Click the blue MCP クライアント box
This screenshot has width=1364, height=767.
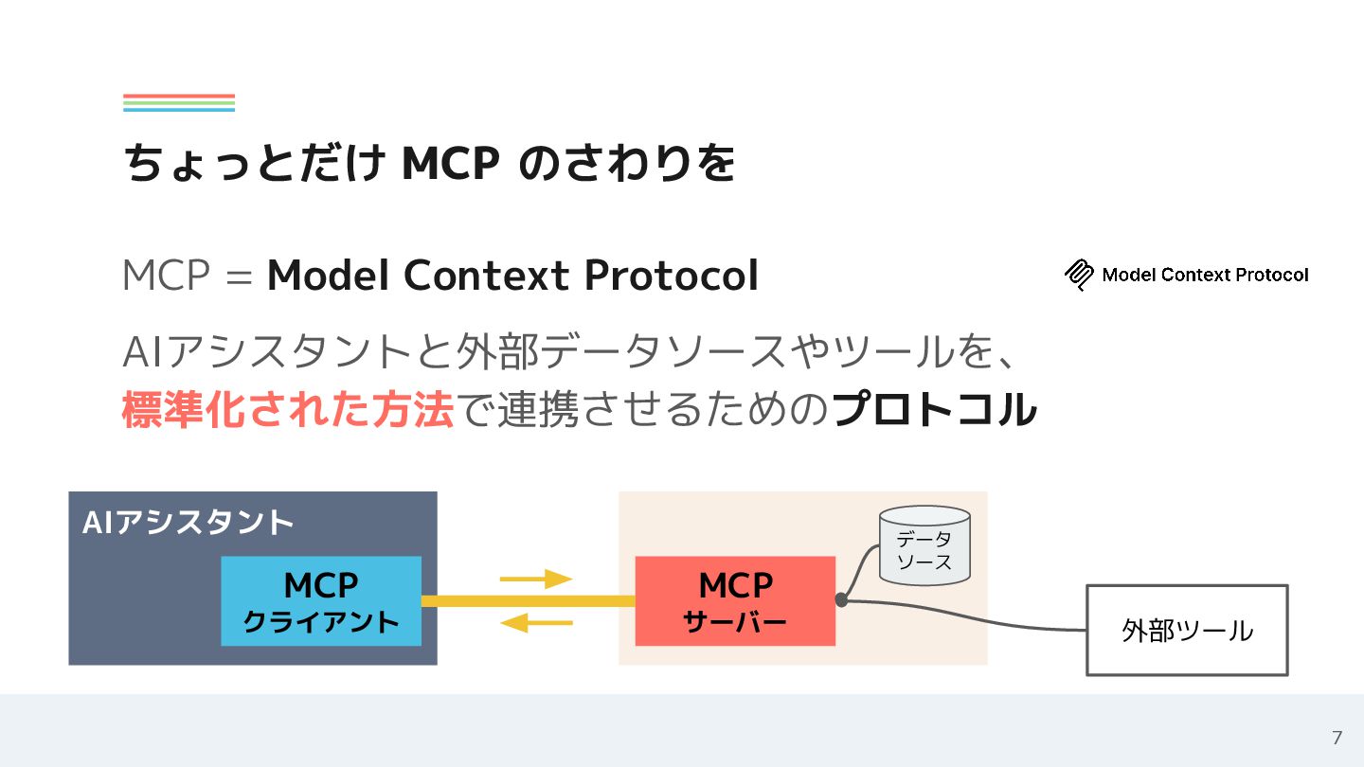[321, 601]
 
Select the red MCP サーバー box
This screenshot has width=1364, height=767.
[735, 601]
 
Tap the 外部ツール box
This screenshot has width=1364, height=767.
[1186, 630]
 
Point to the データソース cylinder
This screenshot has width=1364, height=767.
[924, 545]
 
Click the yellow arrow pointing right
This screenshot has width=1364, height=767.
[536, 579]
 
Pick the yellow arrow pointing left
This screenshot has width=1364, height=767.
[536, 623]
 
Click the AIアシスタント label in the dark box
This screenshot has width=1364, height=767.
[188, 523]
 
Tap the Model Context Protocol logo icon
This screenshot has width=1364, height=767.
[1079, 275]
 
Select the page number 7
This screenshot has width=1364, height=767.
[1337, 738]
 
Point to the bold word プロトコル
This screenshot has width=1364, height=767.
[933, 410]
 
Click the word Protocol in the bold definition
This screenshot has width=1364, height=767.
[671, 276]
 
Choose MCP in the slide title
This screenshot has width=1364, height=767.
[450, 164]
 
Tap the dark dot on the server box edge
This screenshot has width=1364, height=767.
[841, 599]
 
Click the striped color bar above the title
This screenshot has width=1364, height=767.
[179, 103]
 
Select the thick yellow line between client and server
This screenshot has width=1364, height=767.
[528, 601]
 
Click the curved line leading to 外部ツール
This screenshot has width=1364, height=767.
[985, 615]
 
